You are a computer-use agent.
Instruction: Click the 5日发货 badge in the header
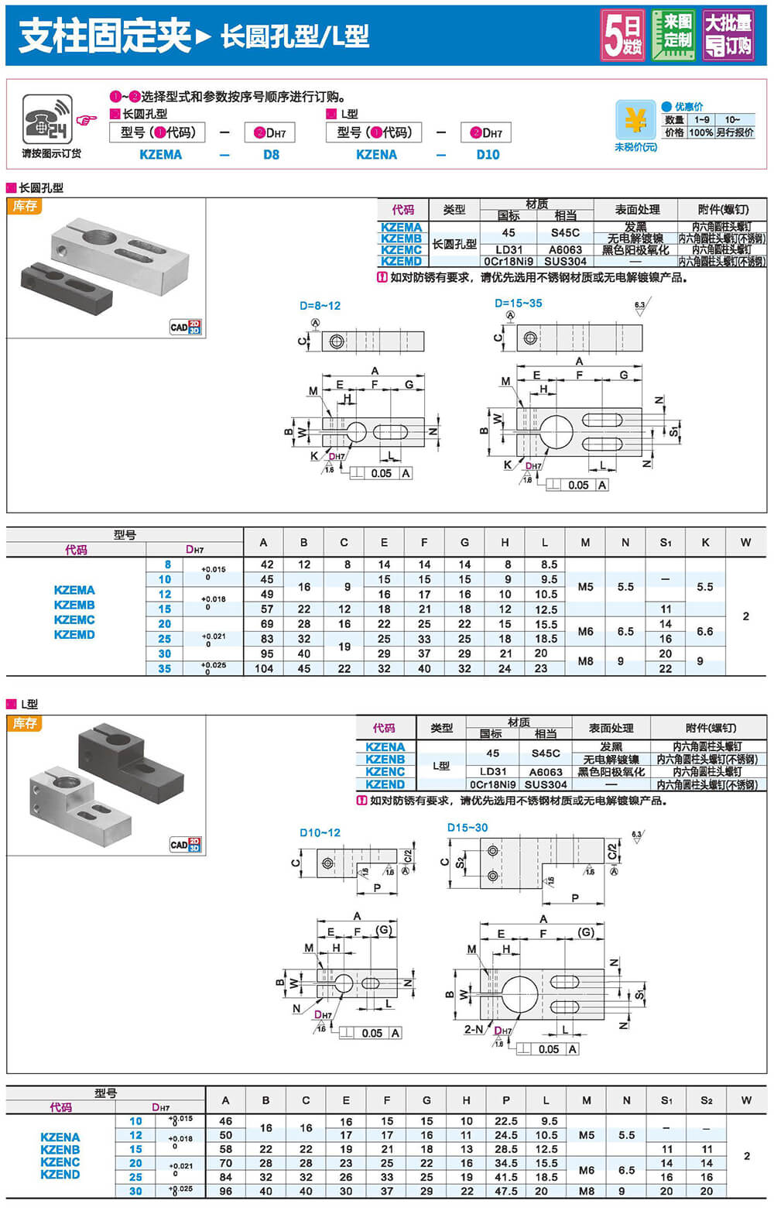click(x=623, y=35)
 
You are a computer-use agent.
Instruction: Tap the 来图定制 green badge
click(x=673, y=34)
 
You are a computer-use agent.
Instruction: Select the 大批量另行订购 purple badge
click(x=728, y=35)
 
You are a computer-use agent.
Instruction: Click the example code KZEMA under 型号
click(x=160, y=154)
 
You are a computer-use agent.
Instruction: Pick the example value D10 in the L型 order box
click(x=488, y=154)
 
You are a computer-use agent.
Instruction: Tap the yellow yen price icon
click(x=635, y=121)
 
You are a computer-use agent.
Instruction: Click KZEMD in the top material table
click(x=401, y=262)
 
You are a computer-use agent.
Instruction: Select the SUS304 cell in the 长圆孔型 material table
click(x=565, y=262)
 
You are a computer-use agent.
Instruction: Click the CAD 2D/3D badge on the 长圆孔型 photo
click(x=185, y=327)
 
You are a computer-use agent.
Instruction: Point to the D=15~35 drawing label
click(x=519, y=304)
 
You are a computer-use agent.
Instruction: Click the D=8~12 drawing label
click(x=320, y=306)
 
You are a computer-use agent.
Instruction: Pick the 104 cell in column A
click(x=264, y=668)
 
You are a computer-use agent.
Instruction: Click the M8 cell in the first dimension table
click(x=585, y=660)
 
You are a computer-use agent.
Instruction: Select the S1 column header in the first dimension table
click(x=666, y=543)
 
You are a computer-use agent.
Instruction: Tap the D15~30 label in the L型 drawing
click(x=467, y=828)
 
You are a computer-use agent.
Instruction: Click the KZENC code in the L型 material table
click(x=385, y=772)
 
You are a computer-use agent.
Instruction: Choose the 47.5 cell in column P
click(x=506, y=1192)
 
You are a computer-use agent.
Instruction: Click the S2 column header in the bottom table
click(x=707, y=1100)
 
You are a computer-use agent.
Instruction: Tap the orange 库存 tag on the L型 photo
click(x=25, y=723)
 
